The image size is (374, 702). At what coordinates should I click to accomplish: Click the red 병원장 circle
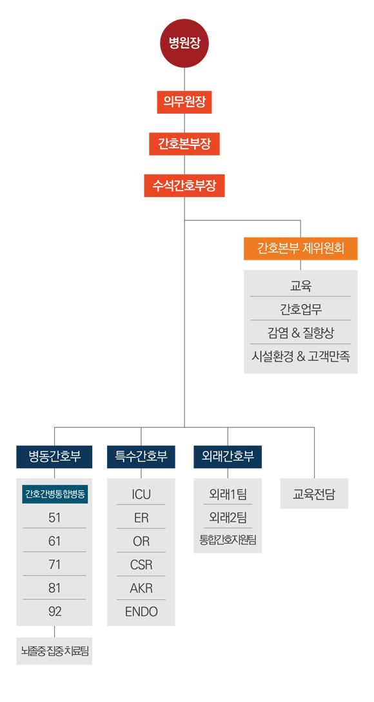coord(184,43)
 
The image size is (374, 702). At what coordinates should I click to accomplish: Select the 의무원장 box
coord(184,102)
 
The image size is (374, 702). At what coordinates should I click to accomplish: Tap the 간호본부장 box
coord(184,144)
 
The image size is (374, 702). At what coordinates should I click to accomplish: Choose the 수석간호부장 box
coord(184,185)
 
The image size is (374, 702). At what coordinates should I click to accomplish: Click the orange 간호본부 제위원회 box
coord(300,249)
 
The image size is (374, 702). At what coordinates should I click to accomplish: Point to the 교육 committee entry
coord(300,285)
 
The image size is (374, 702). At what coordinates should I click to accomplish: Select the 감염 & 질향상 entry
coord(300,333)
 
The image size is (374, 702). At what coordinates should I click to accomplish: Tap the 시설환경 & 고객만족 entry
coord(300,357)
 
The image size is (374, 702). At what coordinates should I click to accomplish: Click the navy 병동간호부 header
coord(55,457)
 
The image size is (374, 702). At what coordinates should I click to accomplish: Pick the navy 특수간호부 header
coord(141,457)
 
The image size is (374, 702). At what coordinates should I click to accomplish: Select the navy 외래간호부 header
coord(228,457)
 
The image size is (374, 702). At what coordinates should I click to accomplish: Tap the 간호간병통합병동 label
coord(55,494)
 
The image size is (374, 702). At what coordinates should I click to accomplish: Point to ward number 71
coord(55,564)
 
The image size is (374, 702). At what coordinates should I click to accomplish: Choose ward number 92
coord(55,612)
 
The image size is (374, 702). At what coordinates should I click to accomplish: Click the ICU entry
coord(141,495)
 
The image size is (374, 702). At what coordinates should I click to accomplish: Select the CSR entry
coord(141,564)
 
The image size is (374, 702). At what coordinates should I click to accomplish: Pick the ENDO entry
coord(141,612)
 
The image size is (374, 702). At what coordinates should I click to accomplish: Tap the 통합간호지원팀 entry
coord(228,540)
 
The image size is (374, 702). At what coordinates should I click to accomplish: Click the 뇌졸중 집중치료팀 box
coord(55,651)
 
